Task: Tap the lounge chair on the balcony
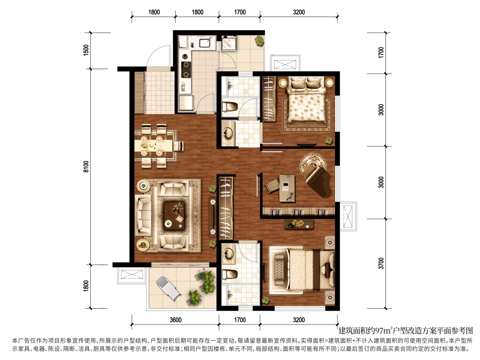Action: point(168,288)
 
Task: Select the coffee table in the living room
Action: point(174,215)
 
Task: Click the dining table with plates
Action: point(155,145)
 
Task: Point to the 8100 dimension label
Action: point(86,166)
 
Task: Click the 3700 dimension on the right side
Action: point(381,263)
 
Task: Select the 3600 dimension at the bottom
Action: point(175,320)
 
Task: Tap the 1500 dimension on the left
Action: point(86,50)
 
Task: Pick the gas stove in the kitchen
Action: point(185,69)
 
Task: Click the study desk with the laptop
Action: point(287,188)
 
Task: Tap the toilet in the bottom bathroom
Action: point(229,274)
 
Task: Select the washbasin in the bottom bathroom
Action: point(228,253)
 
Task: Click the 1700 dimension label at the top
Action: point(240,12)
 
